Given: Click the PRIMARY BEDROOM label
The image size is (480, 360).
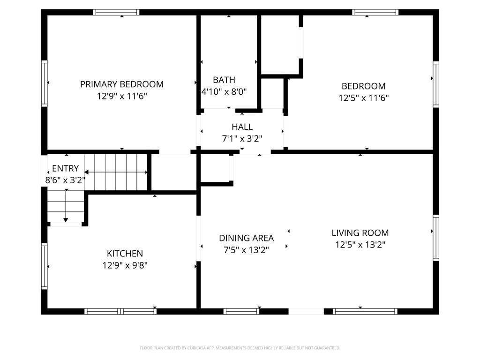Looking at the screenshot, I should click(122, 84).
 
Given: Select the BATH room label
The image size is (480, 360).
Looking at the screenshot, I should click(224, 80).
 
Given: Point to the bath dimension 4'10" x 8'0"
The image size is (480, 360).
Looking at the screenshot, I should click(224, 92).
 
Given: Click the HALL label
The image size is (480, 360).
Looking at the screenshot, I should click(242, 127).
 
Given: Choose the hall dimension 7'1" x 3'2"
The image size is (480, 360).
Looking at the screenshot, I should click(242, 139).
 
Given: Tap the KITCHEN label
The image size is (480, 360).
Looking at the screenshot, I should click(125, 254).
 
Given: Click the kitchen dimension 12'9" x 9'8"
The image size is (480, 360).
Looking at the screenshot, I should click(125, 265).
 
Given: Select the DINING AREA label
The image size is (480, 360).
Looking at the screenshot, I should click(247, 238).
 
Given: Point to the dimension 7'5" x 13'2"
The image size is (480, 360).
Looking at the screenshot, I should click(247, 250).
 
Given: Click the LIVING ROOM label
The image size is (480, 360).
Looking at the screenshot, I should click(360, 233).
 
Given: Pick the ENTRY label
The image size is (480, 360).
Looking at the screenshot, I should click(65, 169).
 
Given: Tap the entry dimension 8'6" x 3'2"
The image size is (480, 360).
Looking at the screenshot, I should click(65, 180).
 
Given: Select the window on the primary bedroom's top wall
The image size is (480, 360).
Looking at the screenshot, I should click(116, 12).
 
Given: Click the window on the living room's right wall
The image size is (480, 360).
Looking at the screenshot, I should click(436, 238).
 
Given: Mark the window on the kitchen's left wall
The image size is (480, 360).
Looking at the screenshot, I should click(45, 266).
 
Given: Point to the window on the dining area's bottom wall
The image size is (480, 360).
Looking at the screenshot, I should click(241, 311).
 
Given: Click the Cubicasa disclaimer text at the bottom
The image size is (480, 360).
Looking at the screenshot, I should click(240, 348).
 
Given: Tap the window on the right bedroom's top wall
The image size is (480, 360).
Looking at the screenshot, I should click(375, 12).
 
